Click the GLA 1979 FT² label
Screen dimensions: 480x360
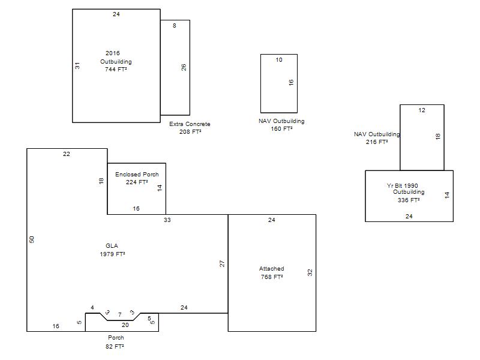tap(112, 250)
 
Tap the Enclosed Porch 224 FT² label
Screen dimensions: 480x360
tap(137, 178)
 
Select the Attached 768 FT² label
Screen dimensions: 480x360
tap(272, 273)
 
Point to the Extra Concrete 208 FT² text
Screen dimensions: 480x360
tap(190, 128)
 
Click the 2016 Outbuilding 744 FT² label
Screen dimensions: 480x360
tap(116, 61)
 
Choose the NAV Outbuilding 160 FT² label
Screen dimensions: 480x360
tap(281, 125)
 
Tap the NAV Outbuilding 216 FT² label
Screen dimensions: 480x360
tap(377, 138)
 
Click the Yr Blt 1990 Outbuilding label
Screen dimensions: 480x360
tap(406, 189)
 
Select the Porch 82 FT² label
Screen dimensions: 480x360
tap(115, 342)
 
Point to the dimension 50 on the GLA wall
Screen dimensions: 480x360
tap(32, 239)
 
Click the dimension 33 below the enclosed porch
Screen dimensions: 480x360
tap(167, 220)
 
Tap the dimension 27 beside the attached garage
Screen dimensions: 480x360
tap(222, 263)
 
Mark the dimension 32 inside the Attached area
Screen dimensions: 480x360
tap(310, 272)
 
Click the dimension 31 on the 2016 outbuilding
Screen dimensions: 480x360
tap(77, 65)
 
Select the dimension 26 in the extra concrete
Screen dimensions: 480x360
tap(184, 67)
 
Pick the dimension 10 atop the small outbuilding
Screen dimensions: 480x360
tap(279, 59)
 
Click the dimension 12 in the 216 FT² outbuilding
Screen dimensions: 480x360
tap(422, 110)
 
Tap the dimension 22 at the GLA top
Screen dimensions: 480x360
tap(67, 154)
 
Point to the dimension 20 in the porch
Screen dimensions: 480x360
tap(125, 325)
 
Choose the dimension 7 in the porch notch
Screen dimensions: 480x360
tap(119, 314)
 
